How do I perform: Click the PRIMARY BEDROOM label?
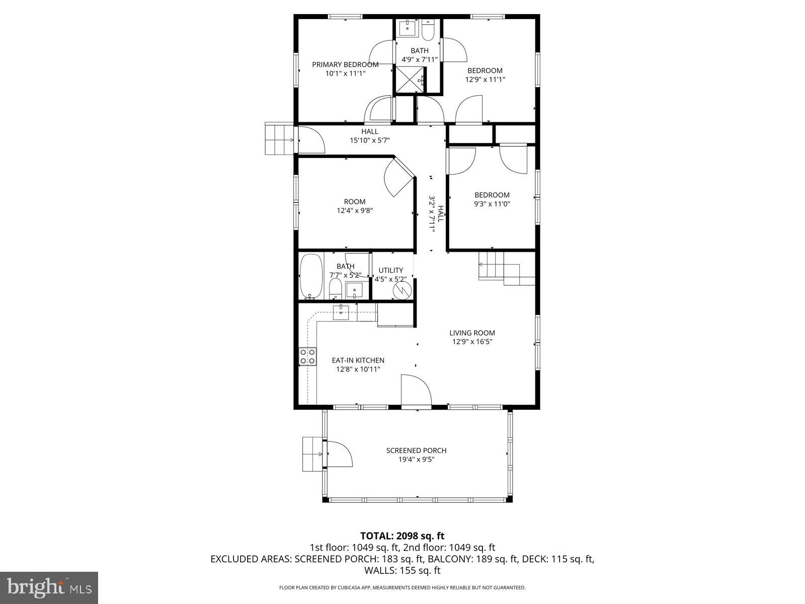345,64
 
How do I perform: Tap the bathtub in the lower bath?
311,277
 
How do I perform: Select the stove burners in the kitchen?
308,356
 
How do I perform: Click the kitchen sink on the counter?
342,312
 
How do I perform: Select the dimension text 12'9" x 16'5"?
472,342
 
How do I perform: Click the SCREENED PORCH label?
416,450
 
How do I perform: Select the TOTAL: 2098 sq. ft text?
402,536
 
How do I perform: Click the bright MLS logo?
49,586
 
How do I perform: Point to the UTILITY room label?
390,270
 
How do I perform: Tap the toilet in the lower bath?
335,288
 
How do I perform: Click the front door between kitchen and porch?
416,390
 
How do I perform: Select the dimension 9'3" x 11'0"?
492,204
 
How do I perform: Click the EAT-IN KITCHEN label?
358,360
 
